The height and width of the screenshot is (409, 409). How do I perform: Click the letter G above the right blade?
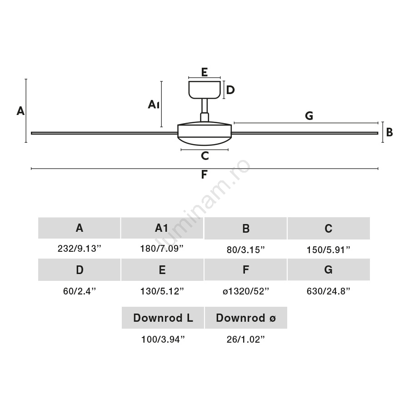coord(309,115)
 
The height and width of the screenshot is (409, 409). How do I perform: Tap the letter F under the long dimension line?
coord(204,174)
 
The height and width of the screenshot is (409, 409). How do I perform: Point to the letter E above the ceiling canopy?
coord(204,72)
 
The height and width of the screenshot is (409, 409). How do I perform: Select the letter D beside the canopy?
coord(230,90)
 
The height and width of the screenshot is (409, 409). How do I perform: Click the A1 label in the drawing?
coord(154,105)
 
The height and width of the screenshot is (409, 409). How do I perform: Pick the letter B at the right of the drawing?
coord(389,132)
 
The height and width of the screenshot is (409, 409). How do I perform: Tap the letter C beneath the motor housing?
coord(205,156)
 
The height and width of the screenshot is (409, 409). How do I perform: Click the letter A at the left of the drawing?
coord(20,111)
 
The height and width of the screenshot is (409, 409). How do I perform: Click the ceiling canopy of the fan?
coord(204,90)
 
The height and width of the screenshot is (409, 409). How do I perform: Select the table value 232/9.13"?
coord(79,249)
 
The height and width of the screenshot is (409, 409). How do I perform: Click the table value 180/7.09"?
coord(162,249)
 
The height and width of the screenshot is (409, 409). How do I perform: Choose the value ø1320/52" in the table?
coord(246,291)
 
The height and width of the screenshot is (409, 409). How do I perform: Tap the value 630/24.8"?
coord(329,291)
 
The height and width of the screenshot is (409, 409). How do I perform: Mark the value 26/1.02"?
coord(246,339)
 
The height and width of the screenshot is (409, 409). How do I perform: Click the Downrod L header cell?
coord(163,318)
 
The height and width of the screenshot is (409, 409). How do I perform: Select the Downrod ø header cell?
coord(246,318)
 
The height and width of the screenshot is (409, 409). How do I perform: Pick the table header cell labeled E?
coord(162,269)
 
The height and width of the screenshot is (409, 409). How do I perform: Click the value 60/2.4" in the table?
coord(80,291)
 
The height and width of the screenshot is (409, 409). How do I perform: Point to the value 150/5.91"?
coord(329,250)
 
